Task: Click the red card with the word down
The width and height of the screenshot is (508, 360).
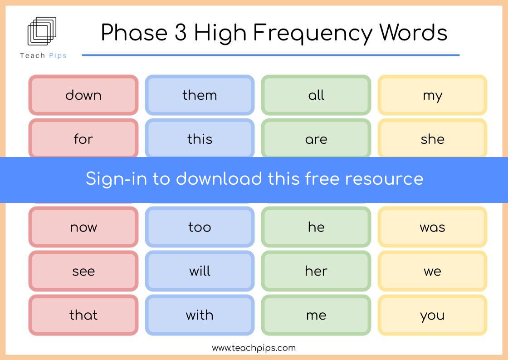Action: click(x=83, y=95)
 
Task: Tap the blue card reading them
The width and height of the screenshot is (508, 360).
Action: click(x=200, y=95)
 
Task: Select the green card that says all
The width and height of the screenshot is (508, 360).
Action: click(x=316, y=95)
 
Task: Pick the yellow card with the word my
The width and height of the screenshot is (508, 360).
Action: click(x=432, y=95)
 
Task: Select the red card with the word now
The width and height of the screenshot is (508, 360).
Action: click(x=83, y=227)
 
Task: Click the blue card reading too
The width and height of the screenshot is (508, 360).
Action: click(x=200, y=227)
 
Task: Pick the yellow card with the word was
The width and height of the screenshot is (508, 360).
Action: click(x=432, y=227)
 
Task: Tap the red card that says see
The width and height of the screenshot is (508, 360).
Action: click(x=83, y=271)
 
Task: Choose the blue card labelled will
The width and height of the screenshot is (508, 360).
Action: click(x=200, y=271)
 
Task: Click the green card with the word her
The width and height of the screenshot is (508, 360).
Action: click(x=316, y=271)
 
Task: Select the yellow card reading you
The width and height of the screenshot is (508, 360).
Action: click(x=432, y=315)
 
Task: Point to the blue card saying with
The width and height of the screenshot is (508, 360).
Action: click(x=200, y=315)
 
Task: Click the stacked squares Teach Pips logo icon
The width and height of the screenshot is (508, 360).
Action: click(x=42, y=31)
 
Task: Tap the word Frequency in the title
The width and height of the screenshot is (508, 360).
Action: click(x=313, y=34)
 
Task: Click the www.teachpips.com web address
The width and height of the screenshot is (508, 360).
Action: click(x=254, y=348)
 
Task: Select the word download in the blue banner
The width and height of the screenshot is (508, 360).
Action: click(x=219, y=179)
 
